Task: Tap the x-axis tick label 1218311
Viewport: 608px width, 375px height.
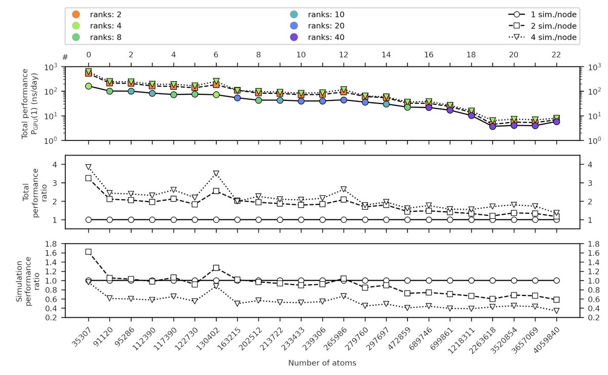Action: (x=464, y=337)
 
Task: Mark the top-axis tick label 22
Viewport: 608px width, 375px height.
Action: (x=557, y=55)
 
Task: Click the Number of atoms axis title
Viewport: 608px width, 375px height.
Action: (x=322, y=363)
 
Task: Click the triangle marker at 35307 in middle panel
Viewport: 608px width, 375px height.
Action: (x=89, y=167)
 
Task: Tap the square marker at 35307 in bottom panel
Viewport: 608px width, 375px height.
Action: (x=89, y=252)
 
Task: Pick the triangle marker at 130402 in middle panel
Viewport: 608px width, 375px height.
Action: (x=216, y=173)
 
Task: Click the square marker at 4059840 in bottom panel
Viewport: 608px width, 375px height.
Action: (x=557, y=300)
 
